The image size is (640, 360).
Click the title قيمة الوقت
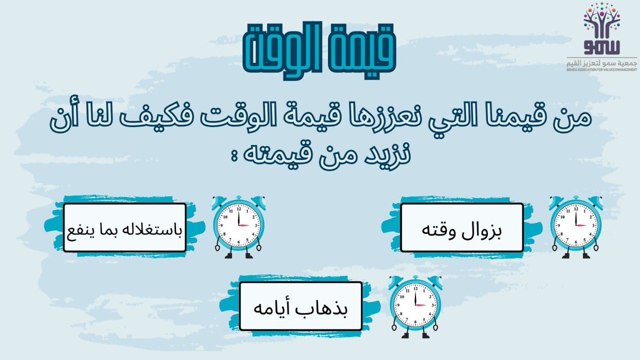tap(319, 49)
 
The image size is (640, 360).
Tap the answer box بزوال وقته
tap(461, 227)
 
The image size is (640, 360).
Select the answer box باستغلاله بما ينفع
tap(125, 227)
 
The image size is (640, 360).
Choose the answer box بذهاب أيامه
tap(301, 306)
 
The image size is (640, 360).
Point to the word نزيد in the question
tap(380, 155)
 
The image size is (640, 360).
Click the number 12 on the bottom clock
tap(414, 289)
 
